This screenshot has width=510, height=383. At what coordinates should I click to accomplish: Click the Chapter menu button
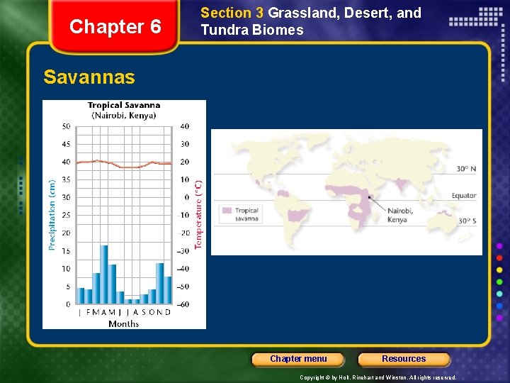pyautogui.click(x=298, y=359)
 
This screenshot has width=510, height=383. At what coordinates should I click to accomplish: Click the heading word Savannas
pyautogui.click(x=89, y=77)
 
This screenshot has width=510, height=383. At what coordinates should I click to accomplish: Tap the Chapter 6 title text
pyautogui.click(x=115, y=27)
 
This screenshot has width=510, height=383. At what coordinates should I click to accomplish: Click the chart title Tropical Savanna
pyautogui.click(x=124, y=106)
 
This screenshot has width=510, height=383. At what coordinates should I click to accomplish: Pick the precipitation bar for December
pyautogui.click(x=168, y=290)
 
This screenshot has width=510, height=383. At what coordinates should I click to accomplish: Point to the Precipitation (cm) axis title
pyautogui.click(x=52, y=215)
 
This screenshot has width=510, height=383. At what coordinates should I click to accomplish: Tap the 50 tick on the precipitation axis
pyautogui.click(x=66, y=126)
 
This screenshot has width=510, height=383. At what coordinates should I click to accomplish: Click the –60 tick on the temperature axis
pyautogui.click(x=183, y=304)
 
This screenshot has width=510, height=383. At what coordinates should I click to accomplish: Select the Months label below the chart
pyautogui.click(x=123, y=323)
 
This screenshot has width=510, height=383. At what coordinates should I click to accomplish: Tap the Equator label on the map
pyautogui.click(x=464, y=196)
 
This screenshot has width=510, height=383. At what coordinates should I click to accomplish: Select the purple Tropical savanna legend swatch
pyautogui.click(x=226, y=211)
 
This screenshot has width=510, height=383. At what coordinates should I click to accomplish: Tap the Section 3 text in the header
pyautogui.click(x=226, y=13)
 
